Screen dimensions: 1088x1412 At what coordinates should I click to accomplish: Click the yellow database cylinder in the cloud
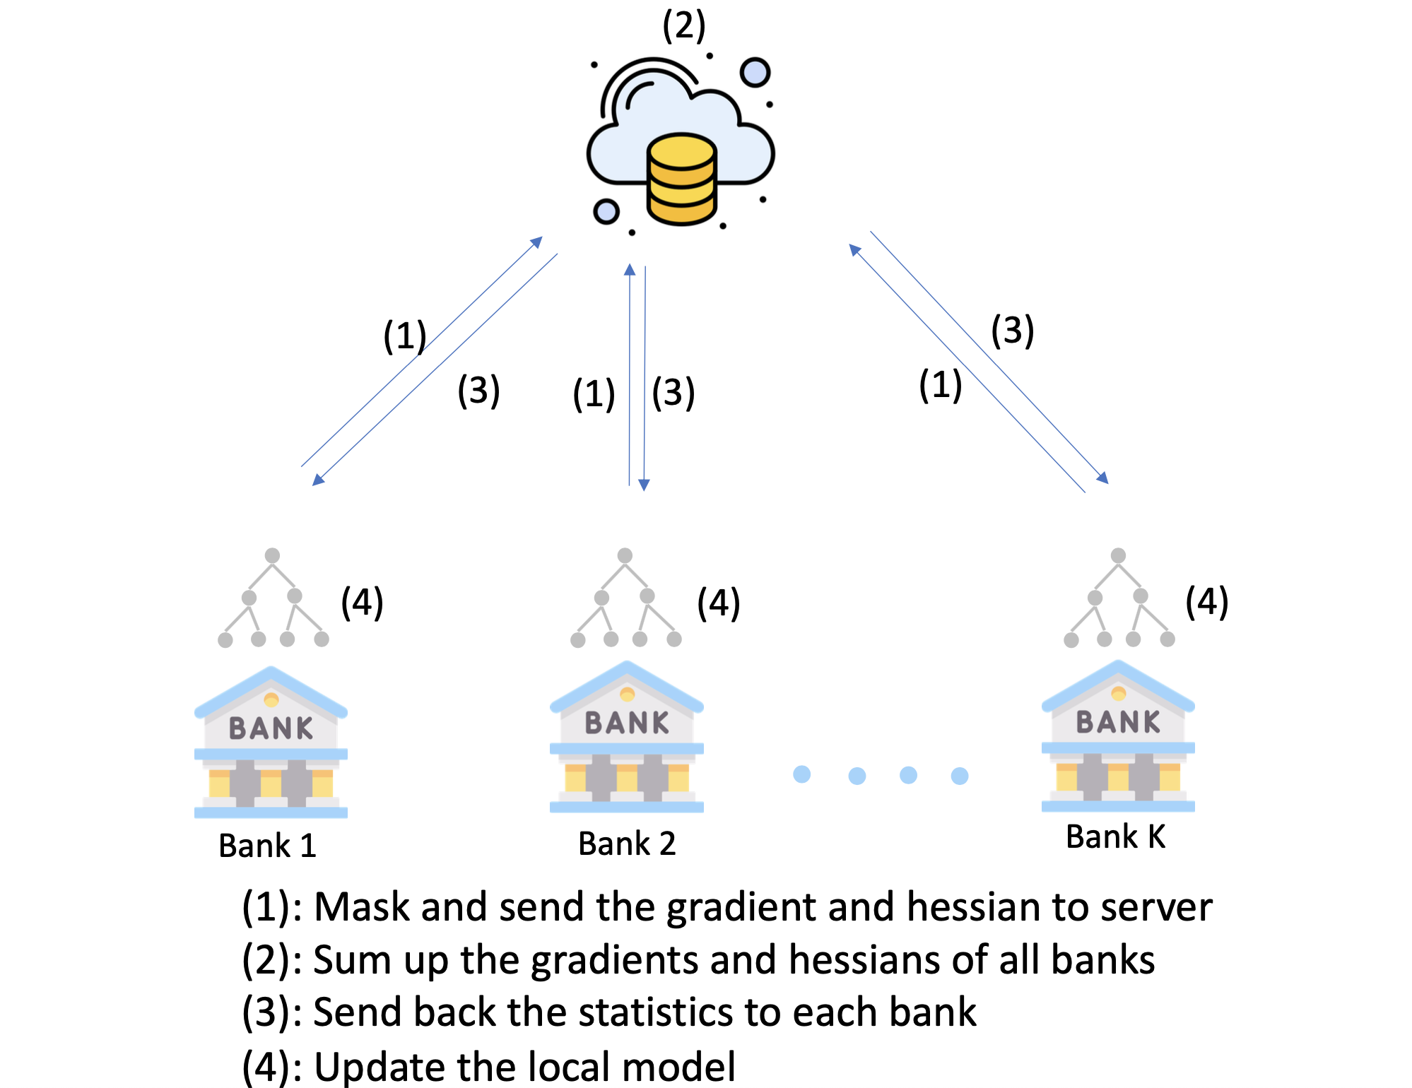[682, 179]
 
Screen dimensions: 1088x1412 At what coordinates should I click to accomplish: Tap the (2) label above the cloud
[683, 26]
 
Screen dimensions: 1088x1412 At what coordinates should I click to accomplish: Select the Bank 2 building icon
[626, 738]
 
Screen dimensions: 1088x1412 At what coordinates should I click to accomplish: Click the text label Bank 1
[267, 846]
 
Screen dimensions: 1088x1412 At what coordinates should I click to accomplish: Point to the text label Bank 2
[627, 844]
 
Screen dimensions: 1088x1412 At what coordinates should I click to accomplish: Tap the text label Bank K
[1115, 837]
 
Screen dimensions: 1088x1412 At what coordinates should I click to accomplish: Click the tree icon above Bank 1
[273, 598]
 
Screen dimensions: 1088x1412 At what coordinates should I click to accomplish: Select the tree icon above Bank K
[1119, 598]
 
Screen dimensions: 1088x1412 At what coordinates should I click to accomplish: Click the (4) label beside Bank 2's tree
[718, 603]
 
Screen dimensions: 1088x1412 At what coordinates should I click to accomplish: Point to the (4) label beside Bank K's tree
[1206, 602]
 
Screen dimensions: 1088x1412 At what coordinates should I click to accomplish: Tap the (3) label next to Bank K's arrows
[1012, 330]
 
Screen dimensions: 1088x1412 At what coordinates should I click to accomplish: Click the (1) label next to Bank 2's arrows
[594, 394]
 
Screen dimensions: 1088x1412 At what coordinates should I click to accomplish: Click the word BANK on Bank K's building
[1118, 722]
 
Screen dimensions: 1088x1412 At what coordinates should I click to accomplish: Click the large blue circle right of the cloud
[755, 73]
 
